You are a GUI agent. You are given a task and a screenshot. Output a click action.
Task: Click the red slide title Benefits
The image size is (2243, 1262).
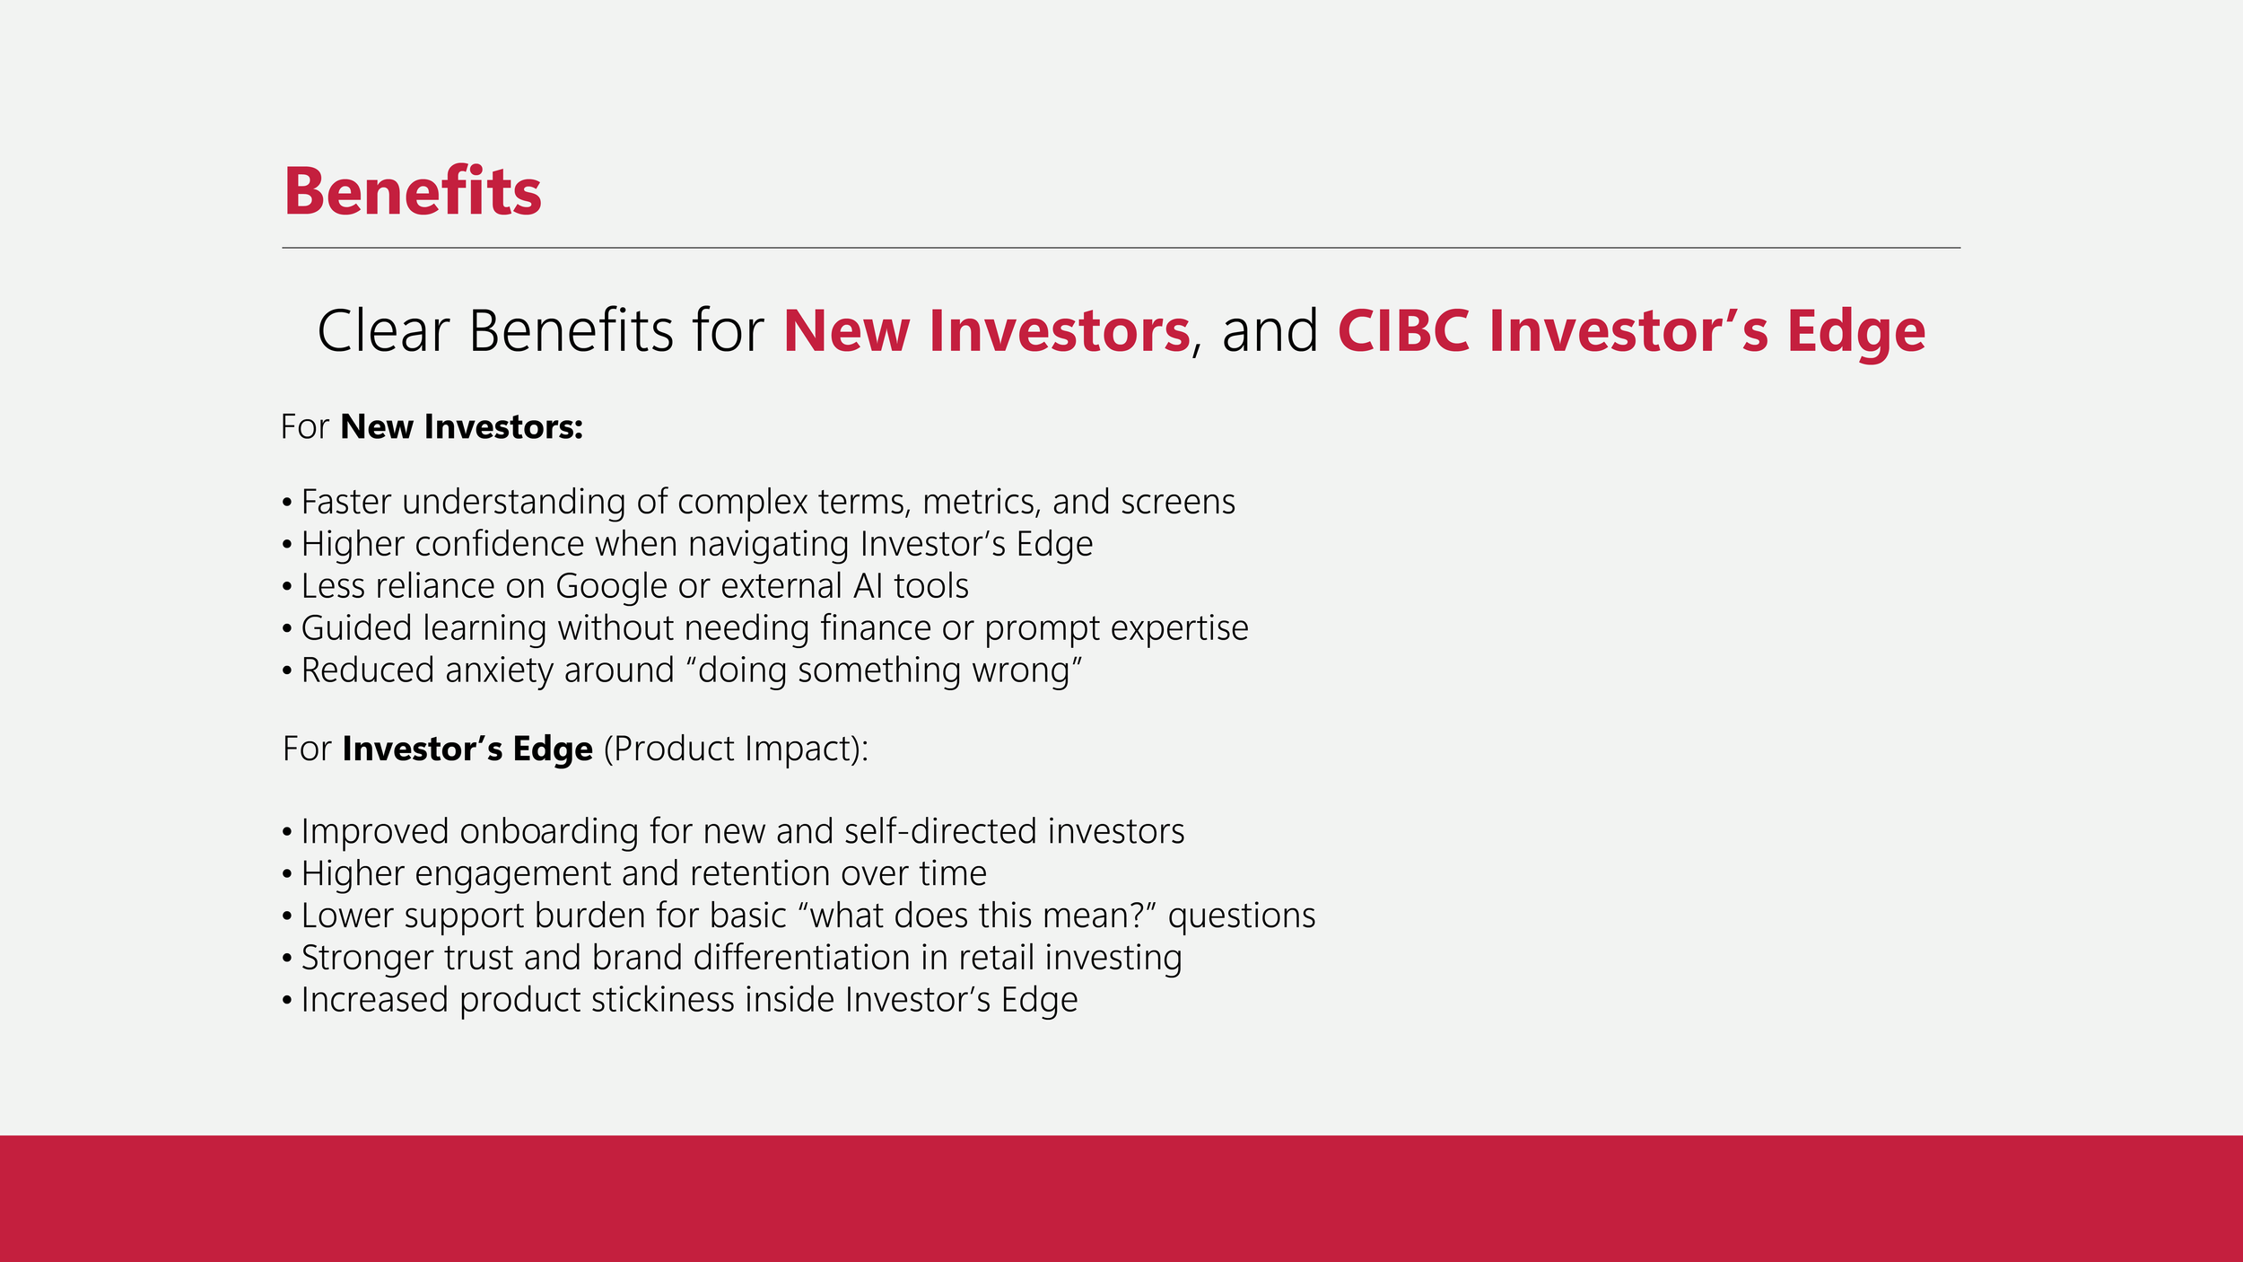[x=413, y=191]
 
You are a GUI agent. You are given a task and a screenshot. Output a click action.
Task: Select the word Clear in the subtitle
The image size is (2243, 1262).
[x=383, y=331]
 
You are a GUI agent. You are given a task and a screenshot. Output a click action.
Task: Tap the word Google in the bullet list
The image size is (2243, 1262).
[x=612, y=587]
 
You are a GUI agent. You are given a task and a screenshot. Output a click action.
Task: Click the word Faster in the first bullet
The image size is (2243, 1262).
[x=346, y=502]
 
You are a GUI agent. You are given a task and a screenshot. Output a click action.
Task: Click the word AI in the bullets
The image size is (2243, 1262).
[x=868, y=586]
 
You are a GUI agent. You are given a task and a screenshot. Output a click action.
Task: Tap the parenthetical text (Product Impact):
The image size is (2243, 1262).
[x=736, y=749]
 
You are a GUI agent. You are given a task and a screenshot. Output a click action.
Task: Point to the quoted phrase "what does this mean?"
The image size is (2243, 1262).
[x=976, y=916]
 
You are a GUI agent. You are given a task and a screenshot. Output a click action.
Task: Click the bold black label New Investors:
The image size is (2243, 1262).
[x=462, y=427]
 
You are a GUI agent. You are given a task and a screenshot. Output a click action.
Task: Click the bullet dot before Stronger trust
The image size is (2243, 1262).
[x=287, y=960]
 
